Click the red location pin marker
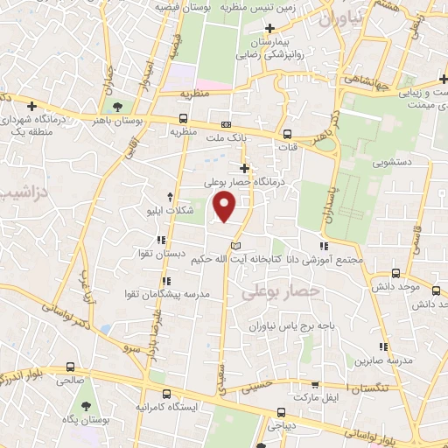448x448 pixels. click(226, 206)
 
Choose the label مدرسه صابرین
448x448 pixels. click(382, 360)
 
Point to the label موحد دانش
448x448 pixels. click(396, 286)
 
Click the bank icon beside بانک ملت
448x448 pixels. click(226, 124)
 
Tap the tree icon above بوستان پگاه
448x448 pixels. click(86, 407)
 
